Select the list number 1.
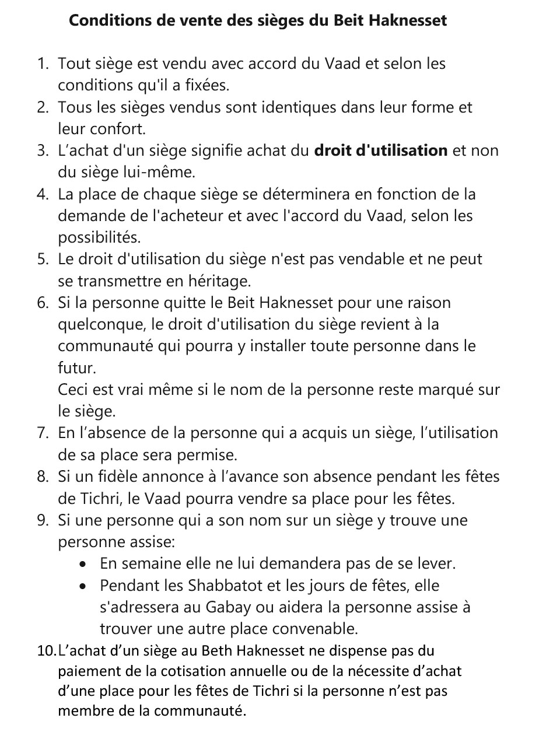(42, 64)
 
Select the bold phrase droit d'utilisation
(380, 150)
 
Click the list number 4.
(42, 194)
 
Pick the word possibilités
(90, 238)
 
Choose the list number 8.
(42, 477)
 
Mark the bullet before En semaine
(85, 565)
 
